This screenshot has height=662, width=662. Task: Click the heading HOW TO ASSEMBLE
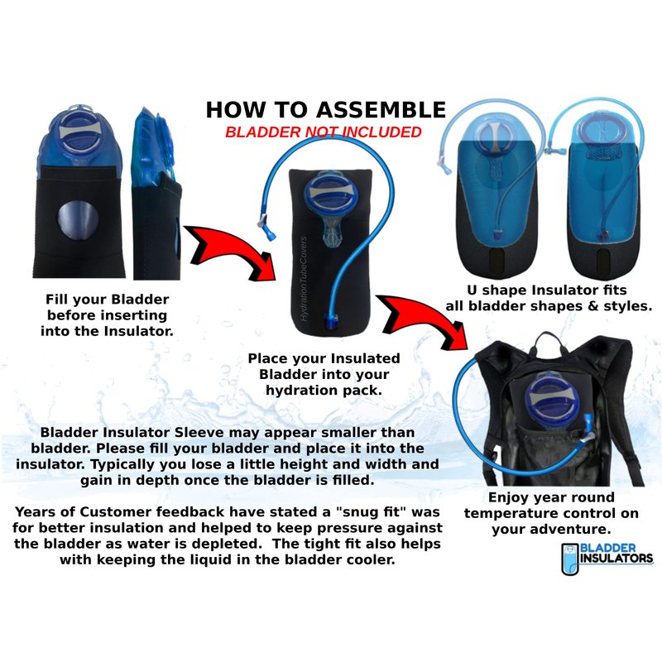tap(325, 110)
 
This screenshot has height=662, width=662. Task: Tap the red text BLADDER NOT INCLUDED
tap(324, 132)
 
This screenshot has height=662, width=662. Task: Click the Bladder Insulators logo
tap(607, 559)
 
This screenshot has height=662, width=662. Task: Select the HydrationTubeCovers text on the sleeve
tap(303, 279)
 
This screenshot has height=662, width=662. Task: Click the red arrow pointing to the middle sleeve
tap(230, 252)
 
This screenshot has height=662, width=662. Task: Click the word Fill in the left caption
tap(56, 300)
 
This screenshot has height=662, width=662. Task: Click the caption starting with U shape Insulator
tap(549, 298)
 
